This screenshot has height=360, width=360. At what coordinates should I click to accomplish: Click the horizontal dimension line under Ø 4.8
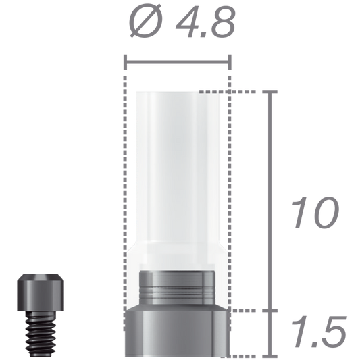pos(177,64)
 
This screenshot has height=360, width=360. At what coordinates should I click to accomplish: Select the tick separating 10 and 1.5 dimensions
pos(272,310)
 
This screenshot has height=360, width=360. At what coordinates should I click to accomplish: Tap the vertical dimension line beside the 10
pos(272,203)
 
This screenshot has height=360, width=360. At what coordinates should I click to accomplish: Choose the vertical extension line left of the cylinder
pos(125,203)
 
